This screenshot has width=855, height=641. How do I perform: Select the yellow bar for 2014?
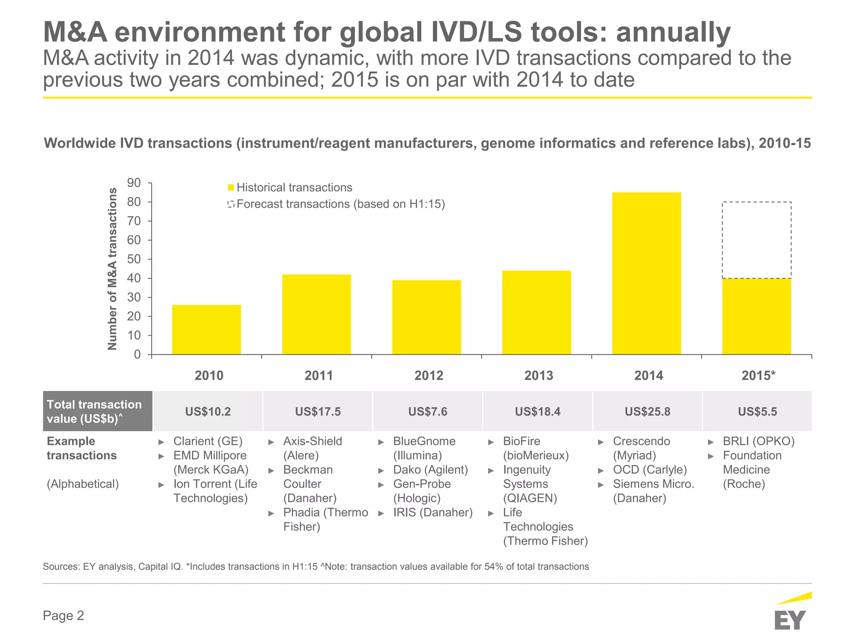point(646,273)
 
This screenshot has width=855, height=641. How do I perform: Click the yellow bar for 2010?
point(206,330)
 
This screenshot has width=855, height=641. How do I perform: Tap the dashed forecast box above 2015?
point(756,240)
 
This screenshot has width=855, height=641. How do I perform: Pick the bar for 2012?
point(426,317)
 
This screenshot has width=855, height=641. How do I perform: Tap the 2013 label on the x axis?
point(539,376)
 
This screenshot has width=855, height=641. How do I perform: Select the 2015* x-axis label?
point(758,376)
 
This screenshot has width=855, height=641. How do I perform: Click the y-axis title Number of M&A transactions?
point(112,269)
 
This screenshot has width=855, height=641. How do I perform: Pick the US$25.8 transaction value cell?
point(647,411)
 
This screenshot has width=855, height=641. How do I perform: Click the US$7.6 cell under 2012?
point(427,411)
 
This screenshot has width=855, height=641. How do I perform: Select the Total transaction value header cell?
point(98,411)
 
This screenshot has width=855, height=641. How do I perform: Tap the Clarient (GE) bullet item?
point(207,441)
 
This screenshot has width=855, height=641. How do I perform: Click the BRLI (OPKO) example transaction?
point(758,441)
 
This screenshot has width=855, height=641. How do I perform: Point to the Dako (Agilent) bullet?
point(430,470)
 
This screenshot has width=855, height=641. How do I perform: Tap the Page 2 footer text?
point(63,616)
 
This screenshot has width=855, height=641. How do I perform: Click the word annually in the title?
point(673,33)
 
